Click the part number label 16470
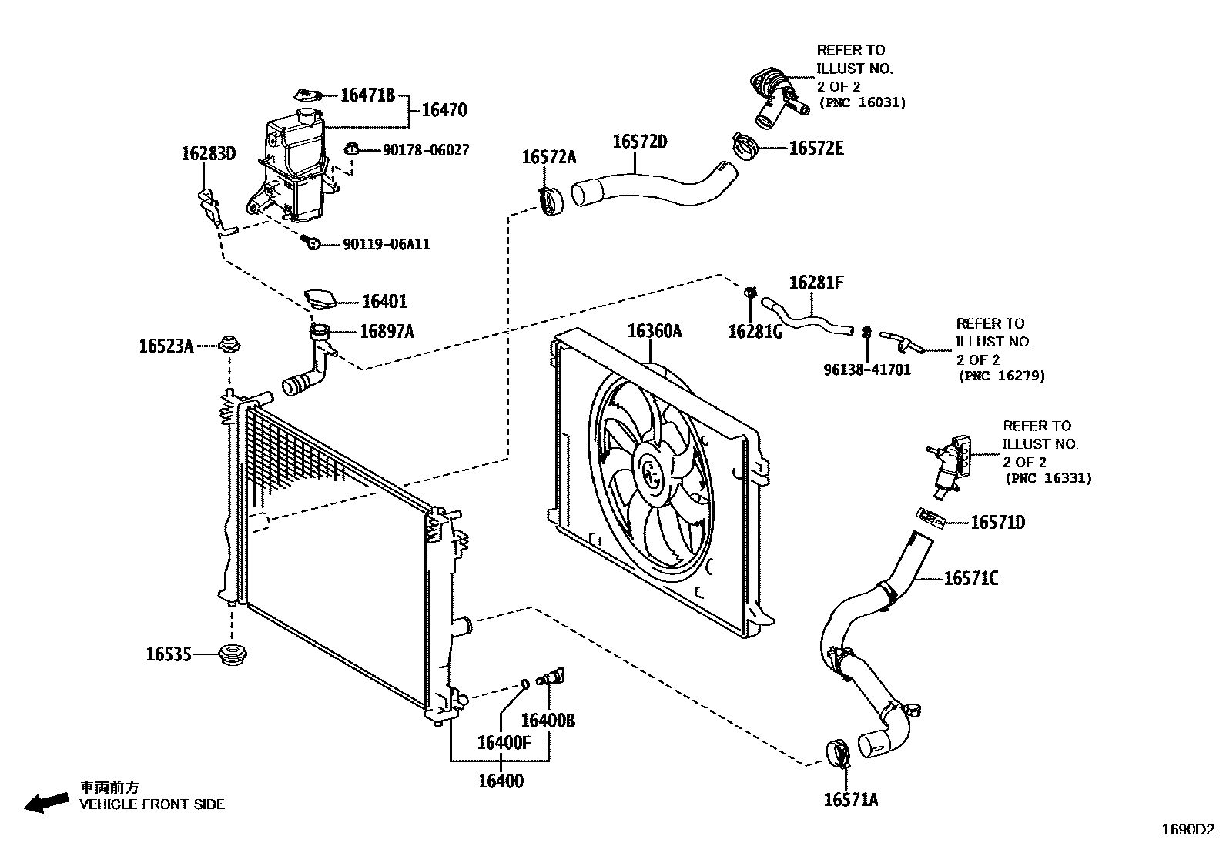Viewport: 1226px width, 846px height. (x=444, y=111)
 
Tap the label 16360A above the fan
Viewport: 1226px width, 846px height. (x=654, y=331)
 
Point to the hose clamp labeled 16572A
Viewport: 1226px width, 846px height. (x=550, y=201)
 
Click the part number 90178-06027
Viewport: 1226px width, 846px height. (x=426, y=150)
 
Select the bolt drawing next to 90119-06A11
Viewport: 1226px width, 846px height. (x=312, y=243)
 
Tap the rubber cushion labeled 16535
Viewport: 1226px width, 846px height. (x=233, y=656)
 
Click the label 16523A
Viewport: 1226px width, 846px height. (x=166, y=346)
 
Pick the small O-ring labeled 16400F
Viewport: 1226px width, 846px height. (x=524, y=682)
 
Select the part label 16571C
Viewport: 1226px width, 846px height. (x=971, y=578)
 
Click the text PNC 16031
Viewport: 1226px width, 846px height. (x=862, y=102)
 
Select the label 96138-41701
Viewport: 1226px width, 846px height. (x=867, y=369)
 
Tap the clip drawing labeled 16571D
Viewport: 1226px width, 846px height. (x=931, y=517)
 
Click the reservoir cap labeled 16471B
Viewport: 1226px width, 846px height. (x=308, y=95)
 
